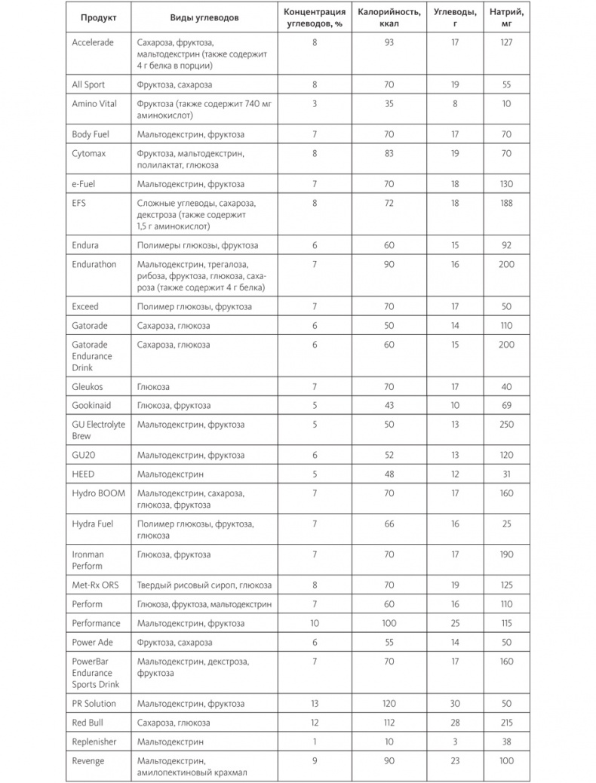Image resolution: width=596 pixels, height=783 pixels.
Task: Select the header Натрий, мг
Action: tap(506, 17)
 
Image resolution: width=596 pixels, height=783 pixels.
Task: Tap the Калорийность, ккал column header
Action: tap(389, 17)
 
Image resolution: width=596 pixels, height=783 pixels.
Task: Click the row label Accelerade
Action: tap(93, 42)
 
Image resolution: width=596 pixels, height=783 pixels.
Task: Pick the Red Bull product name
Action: tap(88, 723)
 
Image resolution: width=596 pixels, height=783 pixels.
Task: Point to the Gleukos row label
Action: tap(88, 386)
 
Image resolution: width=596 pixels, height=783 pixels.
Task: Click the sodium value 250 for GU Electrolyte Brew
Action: tap(506, 425)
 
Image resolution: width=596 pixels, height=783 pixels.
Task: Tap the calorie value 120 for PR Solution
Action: tap(389, 704)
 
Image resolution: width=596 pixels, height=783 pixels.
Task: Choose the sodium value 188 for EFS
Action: tap(506, 203)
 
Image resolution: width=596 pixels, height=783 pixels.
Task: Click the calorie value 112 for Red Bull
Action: tap(389, 723)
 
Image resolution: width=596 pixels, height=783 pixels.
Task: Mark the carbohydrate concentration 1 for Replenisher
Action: tap(315, 742)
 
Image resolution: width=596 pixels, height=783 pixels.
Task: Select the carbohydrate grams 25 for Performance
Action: tap(455, 623)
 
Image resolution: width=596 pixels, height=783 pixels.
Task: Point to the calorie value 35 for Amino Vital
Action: tap(389, 104)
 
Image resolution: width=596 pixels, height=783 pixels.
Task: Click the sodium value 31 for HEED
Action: tap(506, 474)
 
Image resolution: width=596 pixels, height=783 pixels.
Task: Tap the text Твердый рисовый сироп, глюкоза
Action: tap(204, 585)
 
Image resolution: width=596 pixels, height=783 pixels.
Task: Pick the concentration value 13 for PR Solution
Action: tap(315, 704)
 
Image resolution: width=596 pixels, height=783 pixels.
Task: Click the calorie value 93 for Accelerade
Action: tap(389, 42)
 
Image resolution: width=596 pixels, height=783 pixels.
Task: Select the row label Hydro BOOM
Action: tap(98, 493)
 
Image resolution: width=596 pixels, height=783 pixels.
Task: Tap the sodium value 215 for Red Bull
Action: tap(506, 723)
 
